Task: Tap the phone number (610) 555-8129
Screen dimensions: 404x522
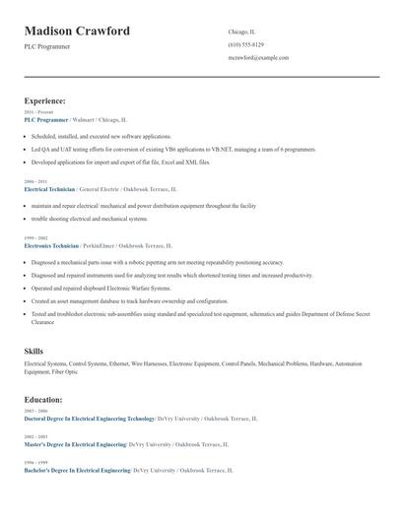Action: click(x=245, y=45)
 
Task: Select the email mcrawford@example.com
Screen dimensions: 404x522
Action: click(x=258, y=58)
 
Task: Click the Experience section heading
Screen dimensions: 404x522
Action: click(x=45, y=100)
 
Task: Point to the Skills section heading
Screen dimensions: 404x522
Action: click(x=34, y=351)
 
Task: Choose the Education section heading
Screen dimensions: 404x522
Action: click(x=43, y=400)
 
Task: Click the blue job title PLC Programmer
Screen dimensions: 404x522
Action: click(x=46, y=118)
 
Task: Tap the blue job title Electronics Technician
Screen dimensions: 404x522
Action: click(x=51, y=245)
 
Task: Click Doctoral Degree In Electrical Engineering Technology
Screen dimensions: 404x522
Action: click(x=90, y=418)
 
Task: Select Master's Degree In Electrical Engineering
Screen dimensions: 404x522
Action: click(x=75, y=444)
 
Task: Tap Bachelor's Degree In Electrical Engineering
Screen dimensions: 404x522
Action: click(x=77, y=471)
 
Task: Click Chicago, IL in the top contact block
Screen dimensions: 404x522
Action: click(x=242, y=32)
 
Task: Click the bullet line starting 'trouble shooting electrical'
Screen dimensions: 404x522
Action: click(x=90, y=219)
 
